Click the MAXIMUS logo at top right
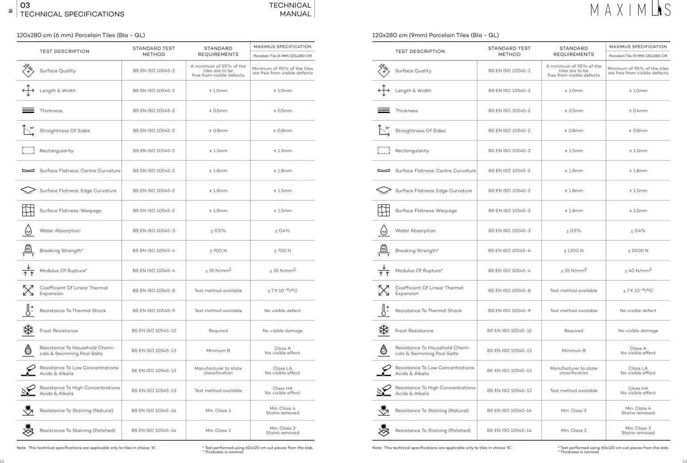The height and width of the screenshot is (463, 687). [630, 9]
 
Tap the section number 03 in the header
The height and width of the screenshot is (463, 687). [25, 5]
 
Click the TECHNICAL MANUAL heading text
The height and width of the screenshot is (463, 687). [290, 10]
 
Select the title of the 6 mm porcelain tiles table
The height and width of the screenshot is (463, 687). [81, 35]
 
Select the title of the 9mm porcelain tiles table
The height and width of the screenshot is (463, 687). [435, 35]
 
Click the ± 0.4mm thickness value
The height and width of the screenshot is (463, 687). [638, 110]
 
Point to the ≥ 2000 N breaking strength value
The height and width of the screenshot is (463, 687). [638, 251]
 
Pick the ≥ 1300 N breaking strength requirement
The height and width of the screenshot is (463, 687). [574, 251]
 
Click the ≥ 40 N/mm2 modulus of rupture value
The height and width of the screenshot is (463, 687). [638, 271]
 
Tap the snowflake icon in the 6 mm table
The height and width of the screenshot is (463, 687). [28, 330]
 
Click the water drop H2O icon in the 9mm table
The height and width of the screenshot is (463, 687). [383, 231]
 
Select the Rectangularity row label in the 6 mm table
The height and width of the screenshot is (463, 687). [56, 151]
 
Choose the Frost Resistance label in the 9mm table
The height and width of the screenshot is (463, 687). [414, 330]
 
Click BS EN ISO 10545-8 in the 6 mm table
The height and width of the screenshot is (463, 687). [154, 290]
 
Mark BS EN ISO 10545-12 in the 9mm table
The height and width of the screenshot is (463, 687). [509, 330]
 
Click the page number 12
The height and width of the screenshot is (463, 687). [2, 461]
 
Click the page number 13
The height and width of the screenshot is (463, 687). [684, 461]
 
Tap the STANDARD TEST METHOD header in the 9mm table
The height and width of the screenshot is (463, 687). [509, 51]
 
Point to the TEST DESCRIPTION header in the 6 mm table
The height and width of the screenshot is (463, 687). [64, 51]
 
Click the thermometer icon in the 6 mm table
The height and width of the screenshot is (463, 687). [28, 310]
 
